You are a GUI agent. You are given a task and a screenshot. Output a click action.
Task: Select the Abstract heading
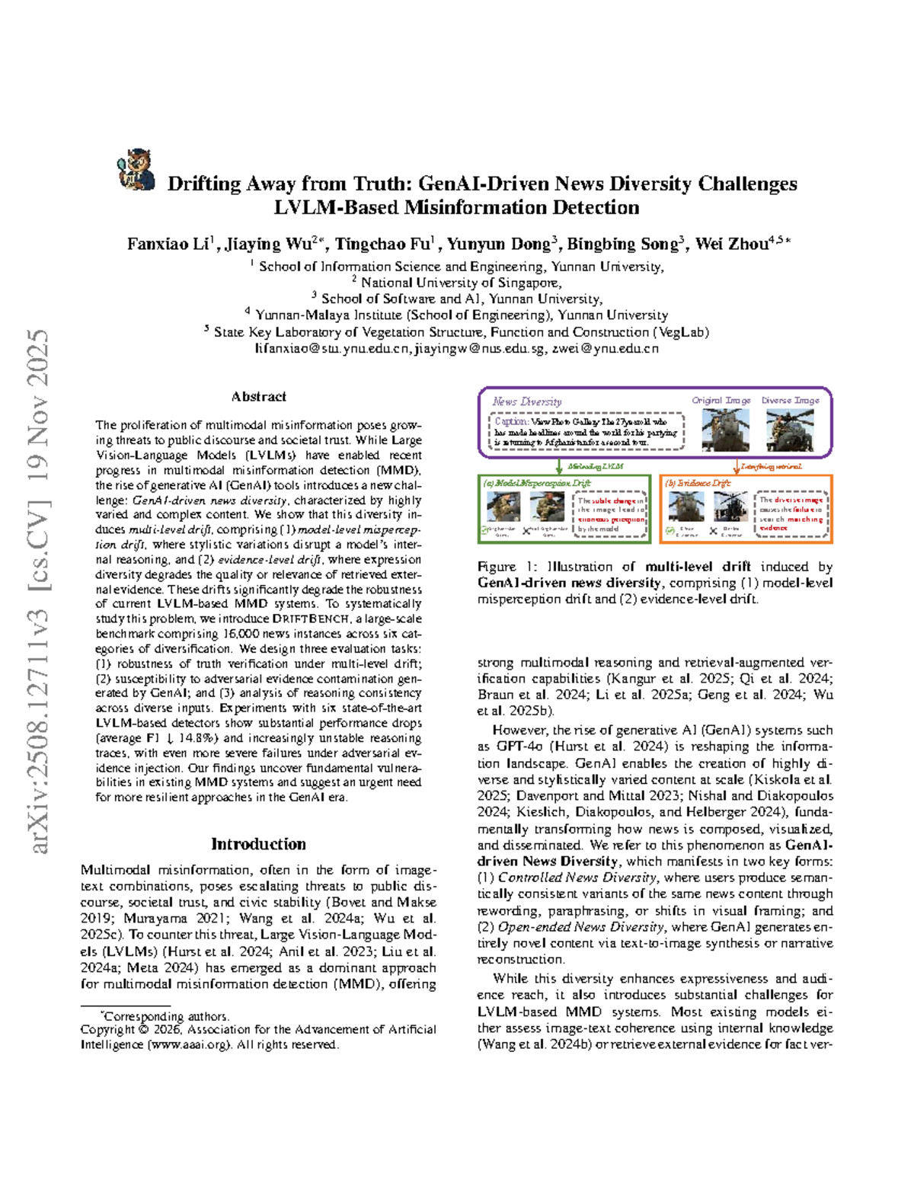tap(259, 397)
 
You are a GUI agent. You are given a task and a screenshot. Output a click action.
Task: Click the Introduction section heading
tap(258, 844)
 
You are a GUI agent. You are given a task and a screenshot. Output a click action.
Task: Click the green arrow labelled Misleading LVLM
tap(561, 466)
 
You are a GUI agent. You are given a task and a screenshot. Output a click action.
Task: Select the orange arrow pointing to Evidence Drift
tap(737, 466)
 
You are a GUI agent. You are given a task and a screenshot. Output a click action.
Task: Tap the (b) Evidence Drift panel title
tap(698, 483)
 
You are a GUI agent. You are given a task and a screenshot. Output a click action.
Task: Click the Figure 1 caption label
tap(507, 567)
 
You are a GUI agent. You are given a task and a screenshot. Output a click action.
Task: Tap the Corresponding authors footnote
tap(165, 1016)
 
